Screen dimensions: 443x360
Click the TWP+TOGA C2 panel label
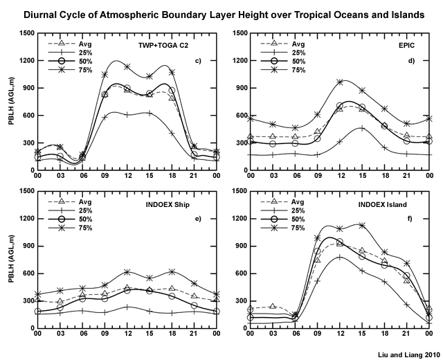[163, 45]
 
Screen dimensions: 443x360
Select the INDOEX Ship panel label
[168, 205]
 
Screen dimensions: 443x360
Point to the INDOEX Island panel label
[383, 205]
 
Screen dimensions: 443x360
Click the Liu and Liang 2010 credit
[409, 355]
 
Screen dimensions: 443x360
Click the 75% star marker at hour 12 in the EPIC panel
[340, 82]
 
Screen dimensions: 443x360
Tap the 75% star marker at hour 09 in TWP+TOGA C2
[105, 75]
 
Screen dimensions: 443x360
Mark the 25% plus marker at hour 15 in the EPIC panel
[362, 129]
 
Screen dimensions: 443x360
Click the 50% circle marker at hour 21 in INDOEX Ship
[194, 305]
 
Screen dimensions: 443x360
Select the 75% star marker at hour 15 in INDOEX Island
[362, 225]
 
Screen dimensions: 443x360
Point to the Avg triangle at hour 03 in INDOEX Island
[272, 306]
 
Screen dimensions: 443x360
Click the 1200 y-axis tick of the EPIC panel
[239, 61]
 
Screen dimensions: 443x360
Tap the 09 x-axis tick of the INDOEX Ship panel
[105, 334]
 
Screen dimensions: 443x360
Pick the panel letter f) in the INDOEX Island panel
[410, 219]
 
